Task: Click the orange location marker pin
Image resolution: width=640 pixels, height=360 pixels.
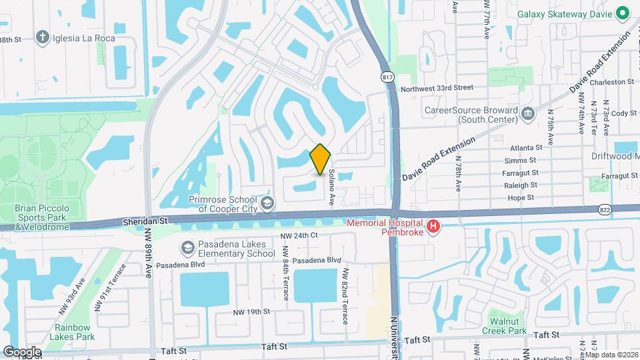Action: [x=321, y=159]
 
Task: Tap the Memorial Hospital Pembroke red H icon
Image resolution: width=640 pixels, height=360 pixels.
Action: [x=433, y=227]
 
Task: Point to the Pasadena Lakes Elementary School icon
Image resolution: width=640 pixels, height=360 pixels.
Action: [x=187, y=248]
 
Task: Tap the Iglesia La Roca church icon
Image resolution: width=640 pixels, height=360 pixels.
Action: [x=43, y=37]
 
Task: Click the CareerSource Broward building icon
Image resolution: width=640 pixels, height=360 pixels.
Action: [x=528, y=113]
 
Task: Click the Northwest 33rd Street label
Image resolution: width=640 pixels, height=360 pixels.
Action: [x=437, y=87]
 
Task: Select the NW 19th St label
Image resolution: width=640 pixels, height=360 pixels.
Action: [x=251, y=311]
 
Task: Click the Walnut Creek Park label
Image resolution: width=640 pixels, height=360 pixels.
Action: [x=505, y=325]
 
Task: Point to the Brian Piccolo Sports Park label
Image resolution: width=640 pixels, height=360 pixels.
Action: [x=41, y=217]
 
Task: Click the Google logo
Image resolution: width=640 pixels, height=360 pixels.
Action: [x=21, y=351]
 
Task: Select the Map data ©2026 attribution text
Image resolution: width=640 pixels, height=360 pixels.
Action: [x=611, y=355]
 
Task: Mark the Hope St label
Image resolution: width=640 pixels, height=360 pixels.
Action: [x=520, y=197]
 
